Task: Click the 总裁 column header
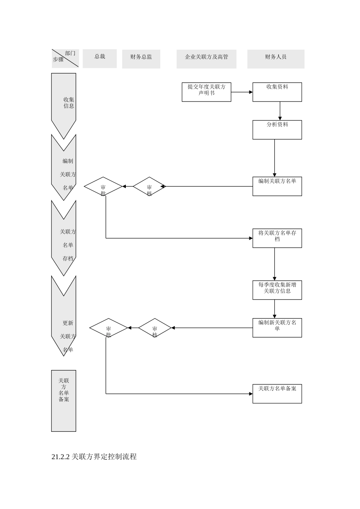100,59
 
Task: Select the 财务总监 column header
141,59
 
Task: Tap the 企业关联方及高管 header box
206,59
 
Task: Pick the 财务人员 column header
275,59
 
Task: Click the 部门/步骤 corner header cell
65,58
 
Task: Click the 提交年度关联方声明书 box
206,92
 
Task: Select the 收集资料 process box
277,92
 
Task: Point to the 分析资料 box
277,130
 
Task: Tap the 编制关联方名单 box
277,186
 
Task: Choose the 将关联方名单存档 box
277,238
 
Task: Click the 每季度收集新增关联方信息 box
277,290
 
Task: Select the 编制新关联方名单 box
277,328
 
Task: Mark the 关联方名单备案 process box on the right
277,394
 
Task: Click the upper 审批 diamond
103,187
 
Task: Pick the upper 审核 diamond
149,187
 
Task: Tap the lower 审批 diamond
108,328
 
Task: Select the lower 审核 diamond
155,328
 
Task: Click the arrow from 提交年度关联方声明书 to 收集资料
242,92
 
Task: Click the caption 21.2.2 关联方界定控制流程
94,457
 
